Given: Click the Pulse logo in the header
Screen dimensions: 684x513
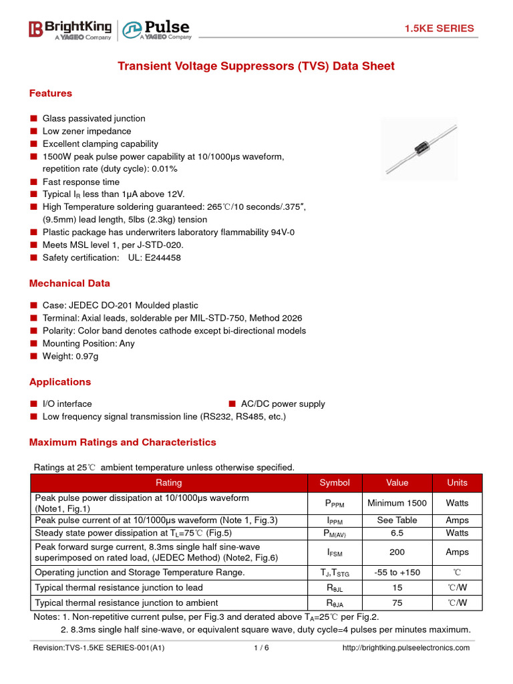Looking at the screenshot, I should [x=157, y=29].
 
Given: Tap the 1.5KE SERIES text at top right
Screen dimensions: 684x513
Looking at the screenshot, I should [x=439, y=28].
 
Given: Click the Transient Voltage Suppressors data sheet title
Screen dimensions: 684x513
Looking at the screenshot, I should [x=256, y=66].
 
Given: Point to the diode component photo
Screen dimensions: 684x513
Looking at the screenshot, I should [x=419, y=149].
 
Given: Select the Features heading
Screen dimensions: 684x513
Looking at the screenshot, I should [x=51, y=94].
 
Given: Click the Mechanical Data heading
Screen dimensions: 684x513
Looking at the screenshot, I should [x=69, y=283].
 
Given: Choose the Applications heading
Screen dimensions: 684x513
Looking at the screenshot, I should [x=60, y=382].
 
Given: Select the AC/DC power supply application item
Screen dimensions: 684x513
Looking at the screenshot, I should [x=283, y=403].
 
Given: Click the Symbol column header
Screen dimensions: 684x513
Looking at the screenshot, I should [x=335, y=482].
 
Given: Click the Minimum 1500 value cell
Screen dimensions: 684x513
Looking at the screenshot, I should [x=397, y=503].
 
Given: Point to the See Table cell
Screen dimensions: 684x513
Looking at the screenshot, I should [x=397, y=520].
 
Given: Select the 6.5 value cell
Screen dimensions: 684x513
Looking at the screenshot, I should [x=397, y=533].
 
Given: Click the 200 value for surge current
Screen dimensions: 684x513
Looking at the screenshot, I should [x=397, y=552].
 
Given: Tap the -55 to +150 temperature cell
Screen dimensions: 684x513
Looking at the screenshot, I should [x=397, y=572].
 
